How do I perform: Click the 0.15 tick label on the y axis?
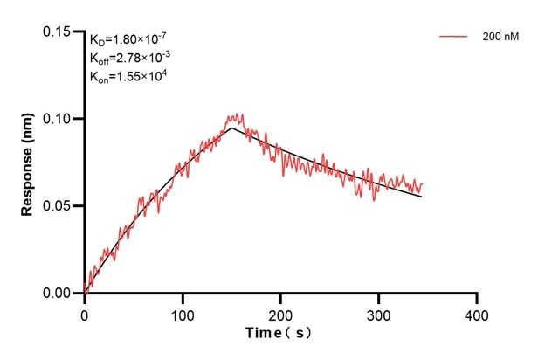59,31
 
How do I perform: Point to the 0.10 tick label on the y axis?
59,119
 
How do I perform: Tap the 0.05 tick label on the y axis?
59,206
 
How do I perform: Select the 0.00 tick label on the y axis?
59,294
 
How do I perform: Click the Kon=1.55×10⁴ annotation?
128,77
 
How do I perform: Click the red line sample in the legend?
455,37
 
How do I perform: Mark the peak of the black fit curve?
231,128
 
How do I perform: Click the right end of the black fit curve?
422,197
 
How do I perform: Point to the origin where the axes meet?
85,294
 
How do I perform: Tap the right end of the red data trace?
422,183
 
